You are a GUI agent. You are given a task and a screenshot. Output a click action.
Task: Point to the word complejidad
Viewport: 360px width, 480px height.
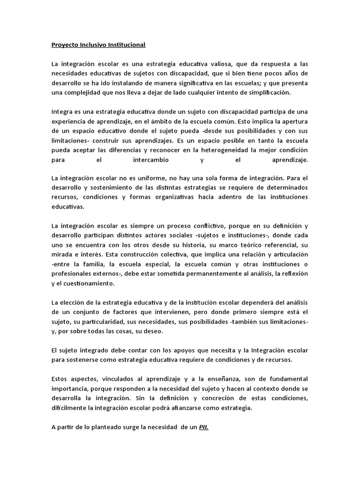(82, 92)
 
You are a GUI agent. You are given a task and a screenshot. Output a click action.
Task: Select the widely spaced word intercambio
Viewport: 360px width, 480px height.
(150, 160)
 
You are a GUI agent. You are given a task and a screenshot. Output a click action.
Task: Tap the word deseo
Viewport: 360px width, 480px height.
(152, 331)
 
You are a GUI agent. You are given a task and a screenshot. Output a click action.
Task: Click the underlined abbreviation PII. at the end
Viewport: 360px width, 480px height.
(203, 427)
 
